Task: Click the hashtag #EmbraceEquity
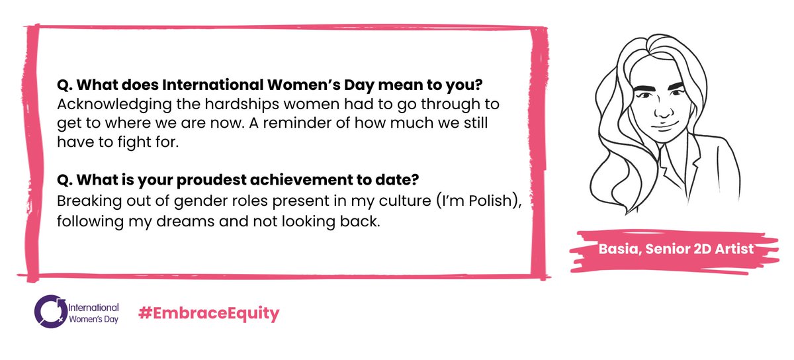tap(208, 313)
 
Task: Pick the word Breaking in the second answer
tap(84, 202)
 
